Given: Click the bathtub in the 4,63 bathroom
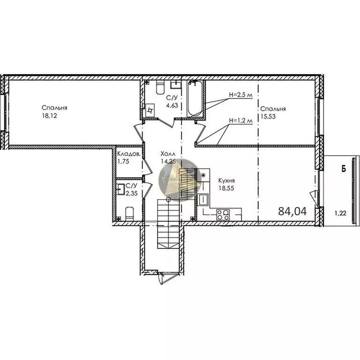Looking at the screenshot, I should click(x=195, y=99).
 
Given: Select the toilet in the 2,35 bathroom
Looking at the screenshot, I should click(x=129, y=215).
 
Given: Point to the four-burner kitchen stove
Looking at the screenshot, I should click(x=223, y=215).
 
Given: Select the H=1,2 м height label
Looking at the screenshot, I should click(x=241, y=120).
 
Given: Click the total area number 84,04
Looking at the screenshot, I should click(x=292, y=211).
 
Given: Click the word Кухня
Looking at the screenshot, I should click(x=226, y=180).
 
